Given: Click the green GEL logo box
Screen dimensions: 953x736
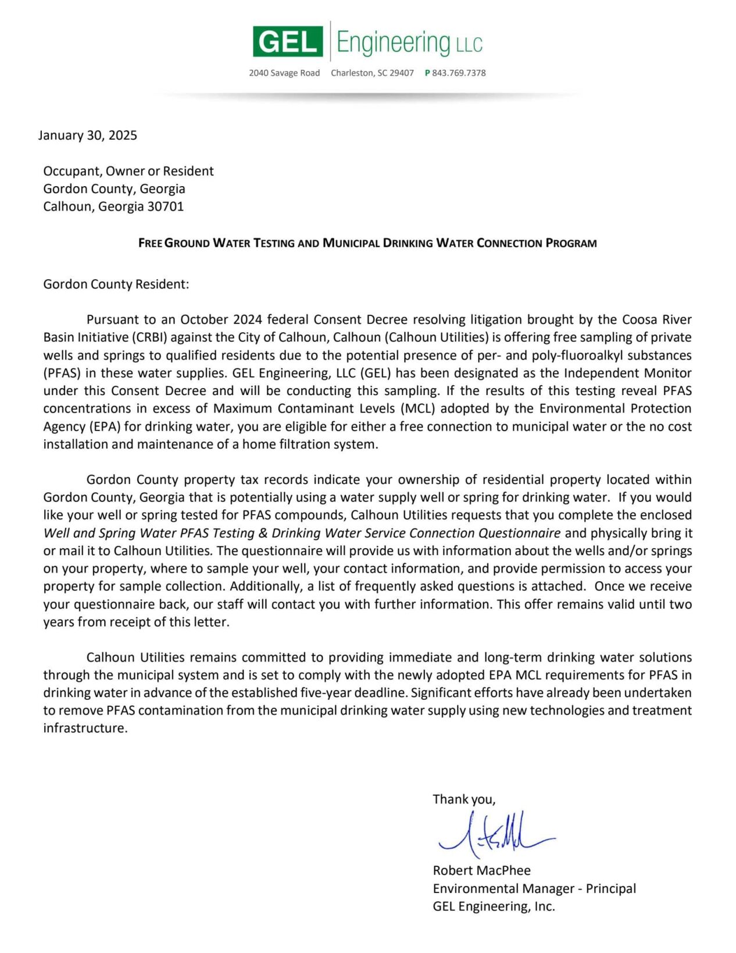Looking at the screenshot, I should point(287,41).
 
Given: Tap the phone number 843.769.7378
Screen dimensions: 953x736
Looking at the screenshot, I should point(459,73).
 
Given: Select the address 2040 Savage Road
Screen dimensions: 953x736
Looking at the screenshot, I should point(284,73).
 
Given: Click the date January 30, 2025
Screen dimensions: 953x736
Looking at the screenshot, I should point(88,135).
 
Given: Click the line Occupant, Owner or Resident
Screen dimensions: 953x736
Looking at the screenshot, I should point(128,171).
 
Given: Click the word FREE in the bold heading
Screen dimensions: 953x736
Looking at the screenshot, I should point(150,243).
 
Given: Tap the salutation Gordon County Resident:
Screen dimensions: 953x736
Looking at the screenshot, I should point(116,284).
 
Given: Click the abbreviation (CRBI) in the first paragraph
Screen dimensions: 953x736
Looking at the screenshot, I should point(149,337).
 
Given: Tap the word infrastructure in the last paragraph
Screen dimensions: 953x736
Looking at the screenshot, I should point(84,728).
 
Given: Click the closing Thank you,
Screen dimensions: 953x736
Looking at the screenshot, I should point(464,799).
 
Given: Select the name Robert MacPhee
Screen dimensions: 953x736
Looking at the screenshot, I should point(481,870).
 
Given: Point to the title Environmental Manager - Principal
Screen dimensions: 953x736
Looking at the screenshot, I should point(534,888).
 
